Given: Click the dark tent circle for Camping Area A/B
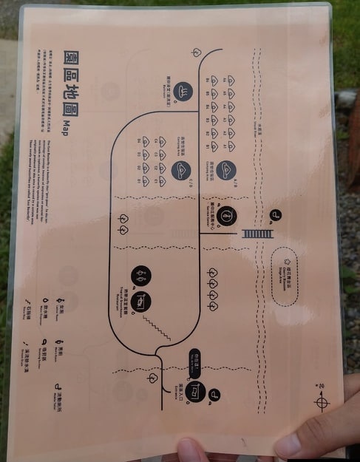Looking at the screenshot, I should point(227,171).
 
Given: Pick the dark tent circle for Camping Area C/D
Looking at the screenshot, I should point(181,171).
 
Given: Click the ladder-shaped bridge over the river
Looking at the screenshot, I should point(257,234).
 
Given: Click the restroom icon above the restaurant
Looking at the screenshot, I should point(140,276).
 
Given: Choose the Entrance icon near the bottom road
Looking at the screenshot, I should point(194,390).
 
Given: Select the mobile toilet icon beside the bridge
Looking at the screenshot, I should point(276,216).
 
